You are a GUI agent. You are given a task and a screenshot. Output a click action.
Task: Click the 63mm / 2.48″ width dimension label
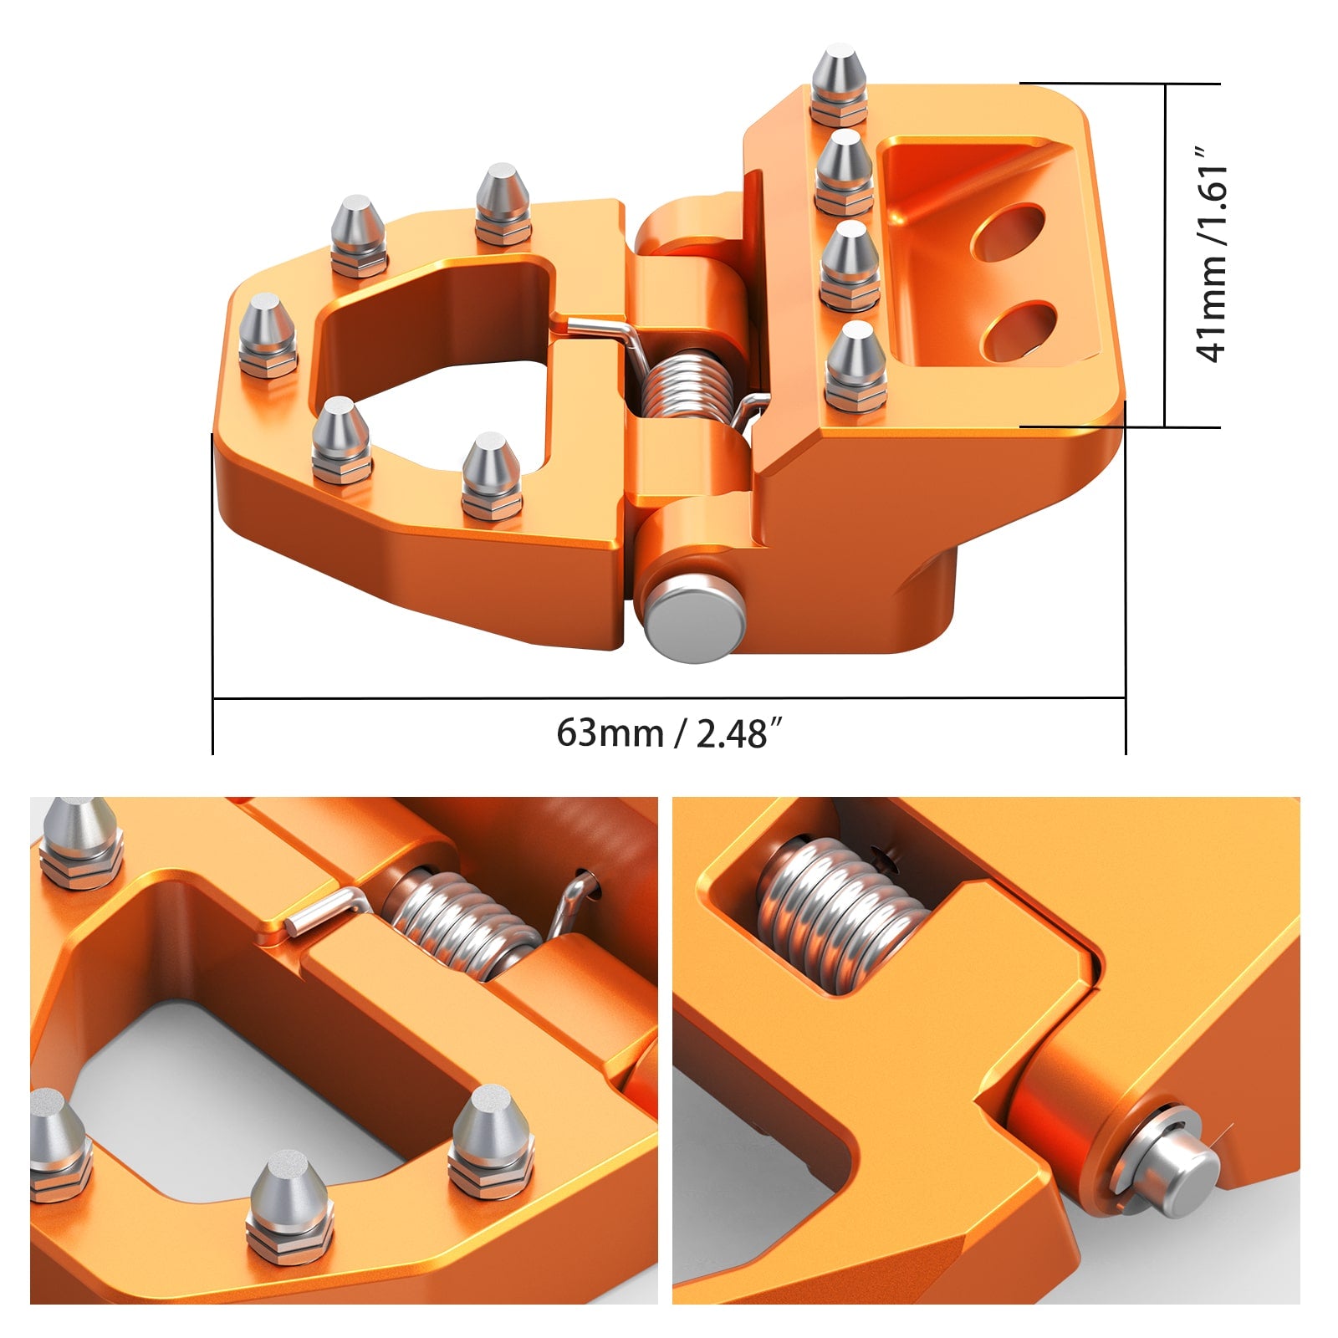point(670,733)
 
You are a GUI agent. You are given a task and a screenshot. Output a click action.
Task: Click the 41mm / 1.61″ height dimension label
point(1212,255)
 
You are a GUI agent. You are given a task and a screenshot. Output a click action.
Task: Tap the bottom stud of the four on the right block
point(855,367)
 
